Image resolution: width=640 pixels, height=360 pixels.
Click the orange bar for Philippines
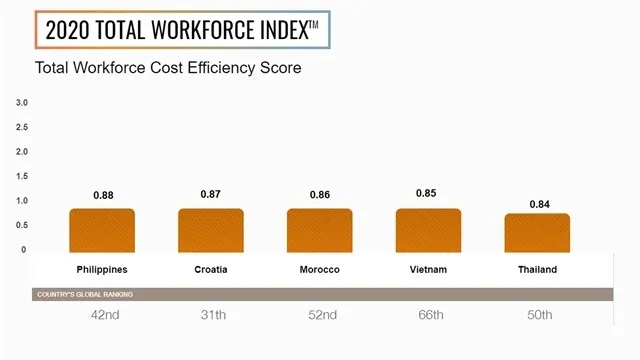pyautogui.click(x=102, y=230)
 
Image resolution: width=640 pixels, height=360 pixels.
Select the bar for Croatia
pyautogui.click(x=211, y=230)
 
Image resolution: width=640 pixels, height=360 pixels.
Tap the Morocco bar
pyautogui.click(x=320, y=230)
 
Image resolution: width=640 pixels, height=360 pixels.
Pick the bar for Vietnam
pyautogui.click(x=428, y=230)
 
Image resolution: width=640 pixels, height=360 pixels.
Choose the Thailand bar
pyautogui.click(x=537, y=232)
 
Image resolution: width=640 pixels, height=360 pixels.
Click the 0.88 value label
pyautogui.click(x=102, y=194)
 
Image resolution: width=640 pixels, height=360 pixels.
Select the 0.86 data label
pyautogui.click(x=320, y=194)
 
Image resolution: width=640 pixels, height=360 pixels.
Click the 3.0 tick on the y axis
pyautogui.click(x=22, y=103)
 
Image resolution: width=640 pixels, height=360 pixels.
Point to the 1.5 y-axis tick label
pyautogui.click(x=22, y=176)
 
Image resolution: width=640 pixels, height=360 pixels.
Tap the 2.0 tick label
pyautogui.click(x=22, y=152)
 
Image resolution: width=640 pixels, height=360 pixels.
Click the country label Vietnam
pyautogui.click(x=428, y=270)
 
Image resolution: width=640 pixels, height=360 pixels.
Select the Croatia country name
pyautogui.click(x=211, y=270)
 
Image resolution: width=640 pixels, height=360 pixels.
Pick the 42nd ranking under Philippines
pyautogui.click(x=102, y=315)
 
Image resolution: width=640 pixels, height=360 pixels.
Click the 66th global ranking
pyautogui.click(x=428, y=315)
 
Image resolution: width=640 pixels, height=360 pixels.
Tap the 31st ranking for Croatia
pyautogui.click(x=211, y=315)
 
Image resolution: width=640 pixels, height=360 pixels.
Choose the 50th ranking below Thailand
pyautogui.click(x=537, y=315)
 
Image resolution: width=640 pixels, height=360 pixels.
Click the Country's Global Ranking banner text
pyautogui.click(x=85, y=294)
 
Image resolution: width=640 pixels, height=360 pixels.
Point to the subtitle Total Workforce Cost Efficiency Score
pyautogui.click(x=168, y=69)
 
